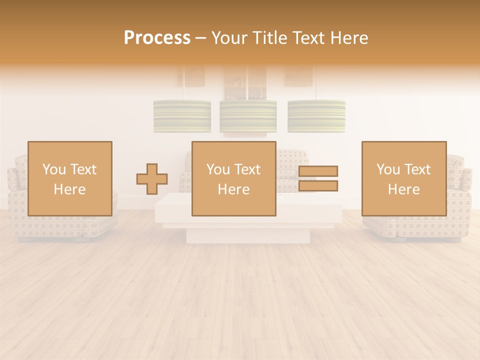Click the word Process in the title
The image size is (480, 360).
157,38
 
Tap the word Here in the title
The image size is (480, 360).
347,38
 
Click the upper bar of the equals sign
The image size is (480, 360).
318,171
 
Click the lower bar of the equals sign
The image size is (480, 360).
318,186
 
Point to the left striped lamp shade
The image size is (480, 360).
182,116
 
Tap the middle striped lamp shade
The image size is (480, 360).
248,116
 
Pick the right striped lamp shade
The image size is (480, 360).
316,116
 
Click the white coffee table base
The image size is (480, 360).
248,235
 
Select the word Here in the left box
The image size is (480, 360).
69,189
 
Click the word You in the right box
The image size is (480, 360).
388,169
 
